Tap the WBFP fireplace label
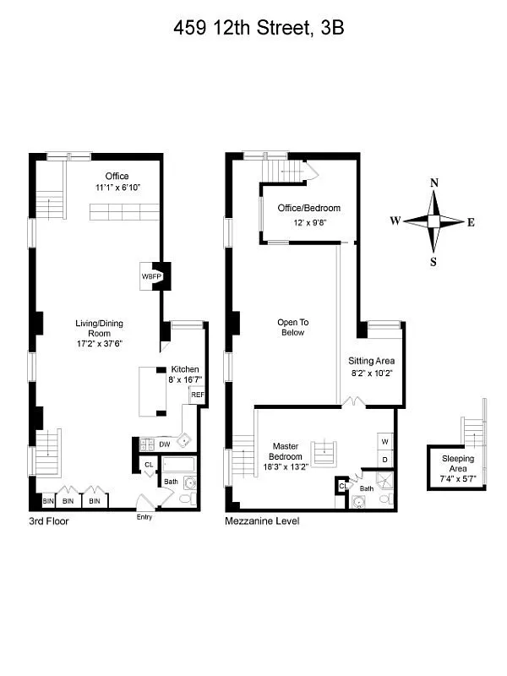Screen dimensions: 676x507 [151, 276]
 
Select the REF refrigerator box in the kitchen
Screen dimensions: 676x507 [197, 395]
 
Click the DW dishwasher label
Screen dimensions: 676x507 [165, 443]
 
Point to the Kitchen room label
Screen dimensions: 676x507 [184, 370]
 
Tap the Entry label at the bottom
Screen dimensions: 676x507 [144, 516]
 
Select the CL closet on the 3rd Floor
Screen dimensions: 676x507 [149, 464]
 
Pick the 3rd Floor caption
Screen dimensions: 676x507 [48, 521]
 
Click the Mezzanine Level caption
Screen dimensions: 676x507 [262, 521]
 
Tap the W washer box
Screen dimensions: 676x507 [384, 440]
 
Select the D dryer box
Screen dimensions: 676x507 [384, 460]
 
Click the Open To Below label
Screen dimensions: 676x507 [293, 327]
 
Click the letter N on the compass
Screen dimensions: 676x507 [433, 183]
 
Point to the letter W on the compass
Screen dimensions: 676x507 [395, 221]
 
